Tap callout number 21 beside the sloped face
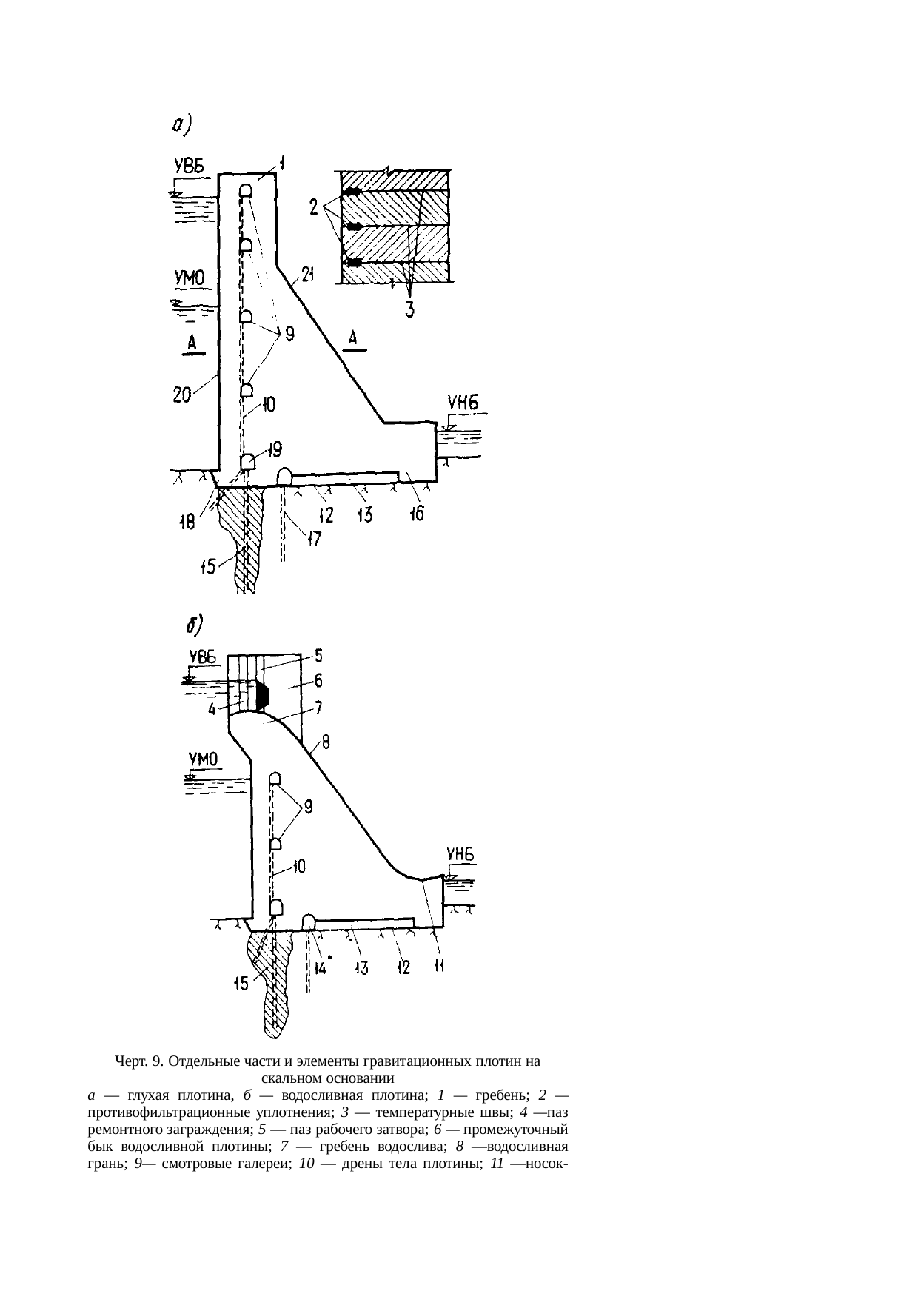(x=308, y=276)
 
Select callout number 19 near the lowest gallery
(x=275, y=449)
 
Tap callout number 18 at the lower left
(x=187, y=523)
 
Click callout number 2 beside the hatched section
(x=315, y=207)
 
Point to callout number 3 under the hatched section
(x=410, y=309)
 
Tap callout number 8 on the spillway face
(x=325, y=742)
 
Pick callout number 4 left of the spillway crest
(x=212, y=709)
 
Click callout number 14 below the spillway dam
(x=321, y=967)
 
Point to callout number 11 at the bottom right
(x=438, y=967)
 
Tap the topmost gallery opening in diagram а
(x=245, y=190)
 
